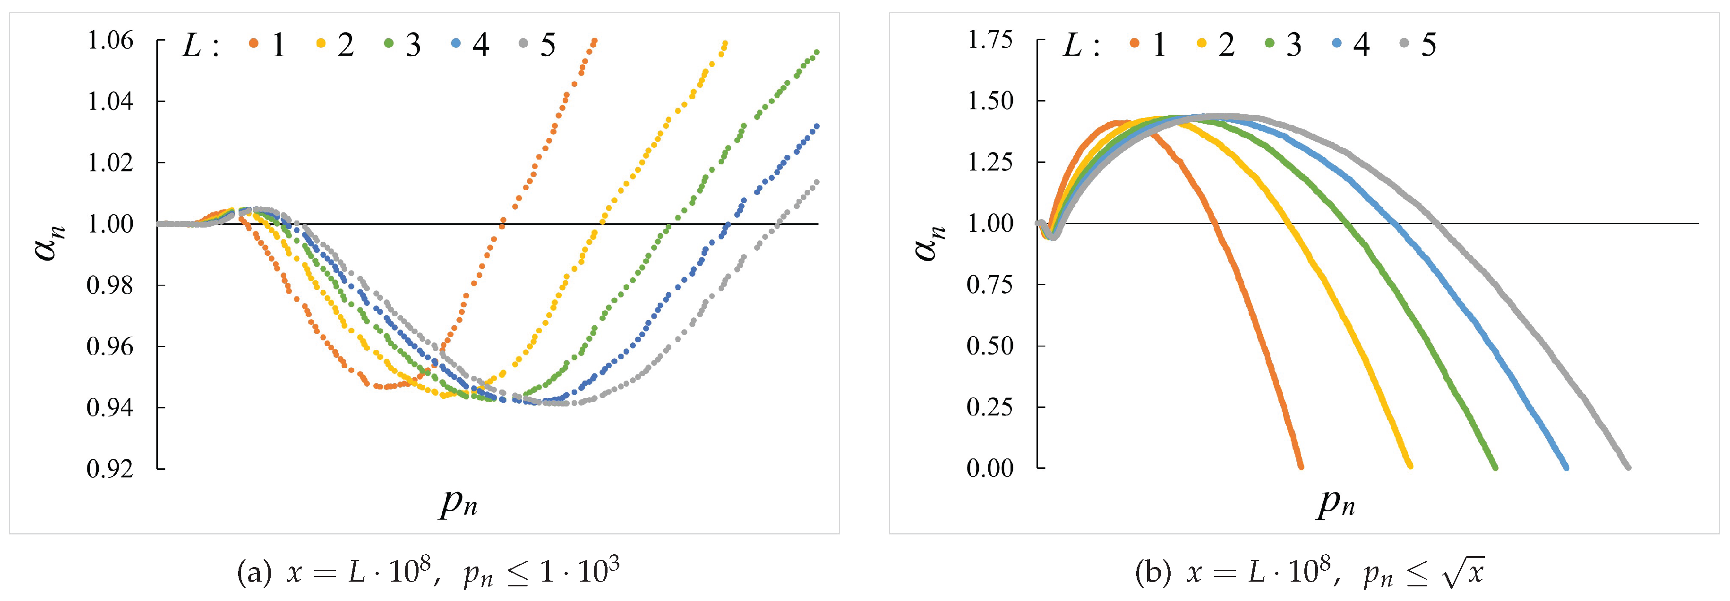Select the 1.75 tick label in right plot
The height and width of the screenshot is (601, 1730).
(x=990, y=40)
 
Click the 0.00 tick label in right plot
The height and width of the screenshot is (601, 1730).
(x=990, y=468)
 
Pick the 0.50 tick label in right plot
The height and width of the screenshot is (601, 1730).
(x=990, y=346)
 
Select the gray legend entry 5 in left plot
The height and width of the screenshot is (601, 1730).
(x=548, y=45)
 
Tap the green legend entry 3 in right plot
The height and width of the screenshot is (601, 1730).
(x=1293, y=45)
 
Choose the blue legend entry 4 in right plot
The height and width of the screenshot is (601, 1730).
(x=1361, y=45)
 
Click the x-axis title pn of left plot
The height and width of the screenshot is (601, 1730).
(x=459, y=502)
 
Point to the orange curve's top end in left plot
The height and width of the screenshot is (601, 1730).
(x=594, y=41)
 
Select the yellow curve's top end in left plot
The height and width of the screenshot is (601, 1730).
(x=725, y=43)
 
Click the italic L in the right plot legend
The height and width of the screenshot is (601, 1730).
(x=1072, y=45)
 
